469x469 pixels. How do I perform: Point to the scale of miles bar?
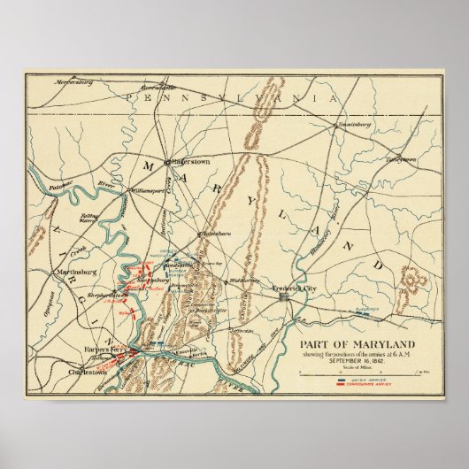click(354, 374)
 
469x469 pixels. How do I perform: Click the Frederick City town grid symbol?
click(286, 298)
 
